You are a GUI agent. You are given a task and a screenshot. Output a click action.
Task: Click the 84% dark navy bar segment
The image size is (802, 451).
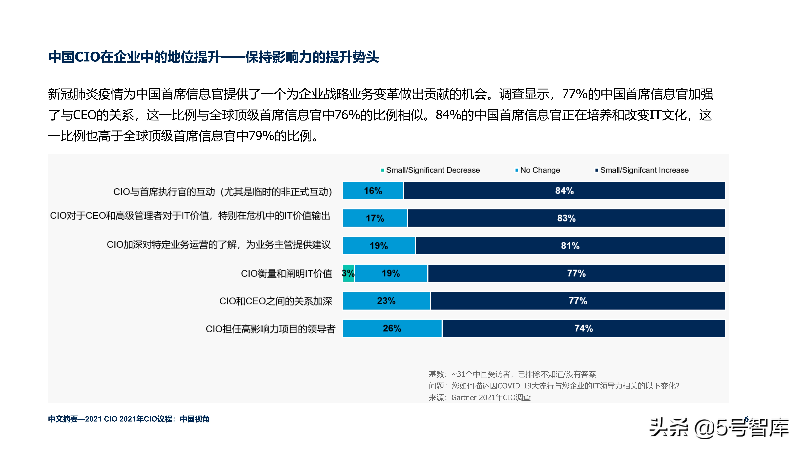point(564,191)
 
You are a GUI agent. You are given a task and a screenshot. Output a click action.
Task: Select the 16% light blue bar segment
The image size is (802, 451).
point(373,191)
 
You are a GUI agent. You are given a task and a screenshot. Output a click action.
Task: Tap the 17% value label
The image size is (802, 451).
point(375,218)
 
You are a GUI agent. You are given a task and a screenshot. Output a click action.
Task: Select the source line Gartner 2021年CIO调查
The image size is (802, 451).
point(479,397)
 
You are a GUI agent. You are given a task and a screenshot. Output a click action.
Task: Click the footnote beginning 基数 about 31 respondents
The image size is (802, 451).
point(512,374)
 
